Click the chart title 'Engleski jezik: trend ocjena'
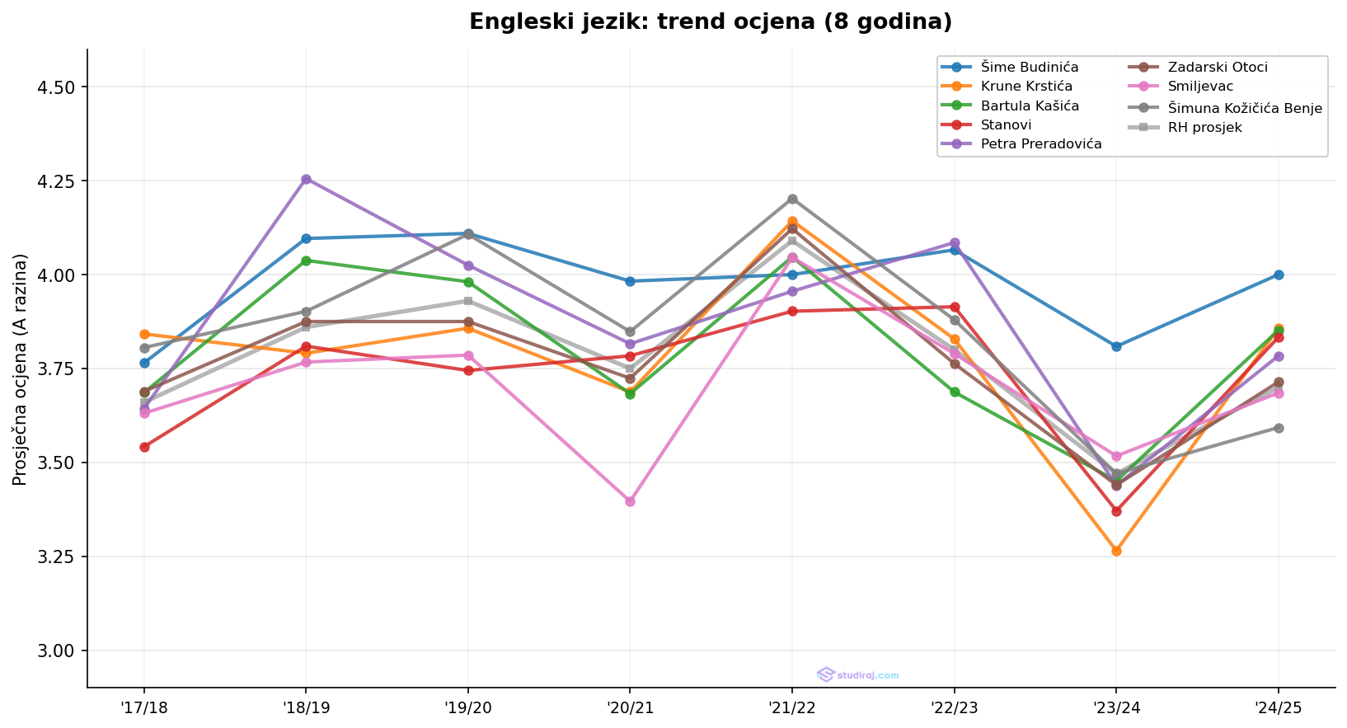[710, 22]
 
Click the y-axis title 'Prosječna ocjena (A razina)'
[21, 369]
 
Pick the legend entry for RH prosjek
[1204, 128]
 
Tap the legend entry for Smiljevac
[1200, 86]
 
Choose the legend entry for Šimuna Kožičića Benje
[1245, 108]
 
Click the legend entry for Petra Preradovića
[1041, 143]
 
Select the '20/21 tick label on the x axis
[630, 707]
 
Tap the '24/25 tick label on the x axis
[1278, 707]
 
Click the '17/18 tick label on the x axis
[144, 707]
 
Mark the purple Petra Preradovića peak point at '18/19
[306, 179]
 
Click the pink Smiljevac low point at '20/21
[630, 501]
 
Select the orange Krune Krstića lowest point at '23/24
[1116, 551]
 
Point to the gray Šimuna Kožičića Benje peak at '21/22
[792, 199]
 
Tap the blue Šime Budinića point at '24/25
[1278, 275]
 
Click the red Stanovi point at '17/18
[144, 447]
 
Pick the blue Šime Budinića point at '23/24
[1116, 346]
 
